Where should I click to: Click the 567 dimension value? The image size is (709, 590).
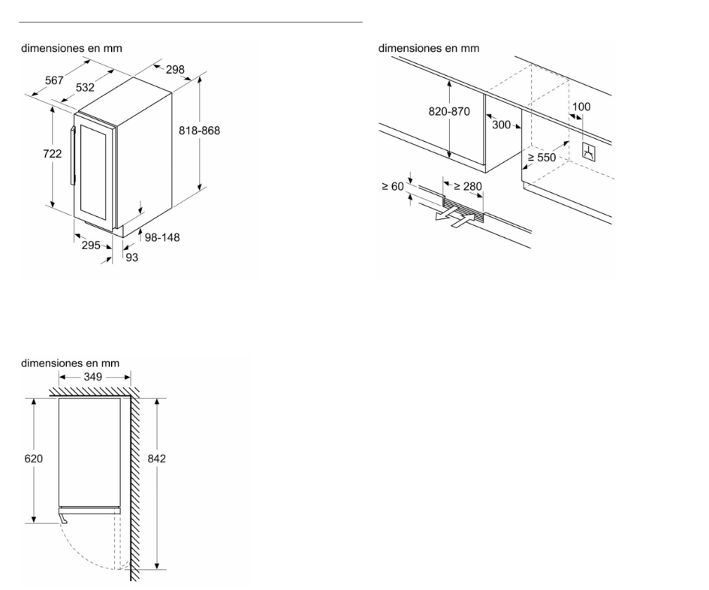tap(54, 80)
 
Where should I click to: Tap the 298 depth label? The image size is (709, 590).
tap(175, 70)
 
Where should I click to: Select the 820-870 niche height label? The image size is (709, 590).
tap(448, 112)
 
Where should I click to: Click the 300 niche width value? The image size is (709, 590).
tap(501, 125)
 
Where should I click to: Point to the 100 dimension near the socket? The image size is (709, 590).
tap(581, 107)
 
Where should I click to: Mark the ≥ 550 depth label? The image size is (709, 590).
tap(541, 158)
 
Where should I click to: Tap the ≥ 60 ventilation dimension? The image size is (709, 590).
tap(393, 186)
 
